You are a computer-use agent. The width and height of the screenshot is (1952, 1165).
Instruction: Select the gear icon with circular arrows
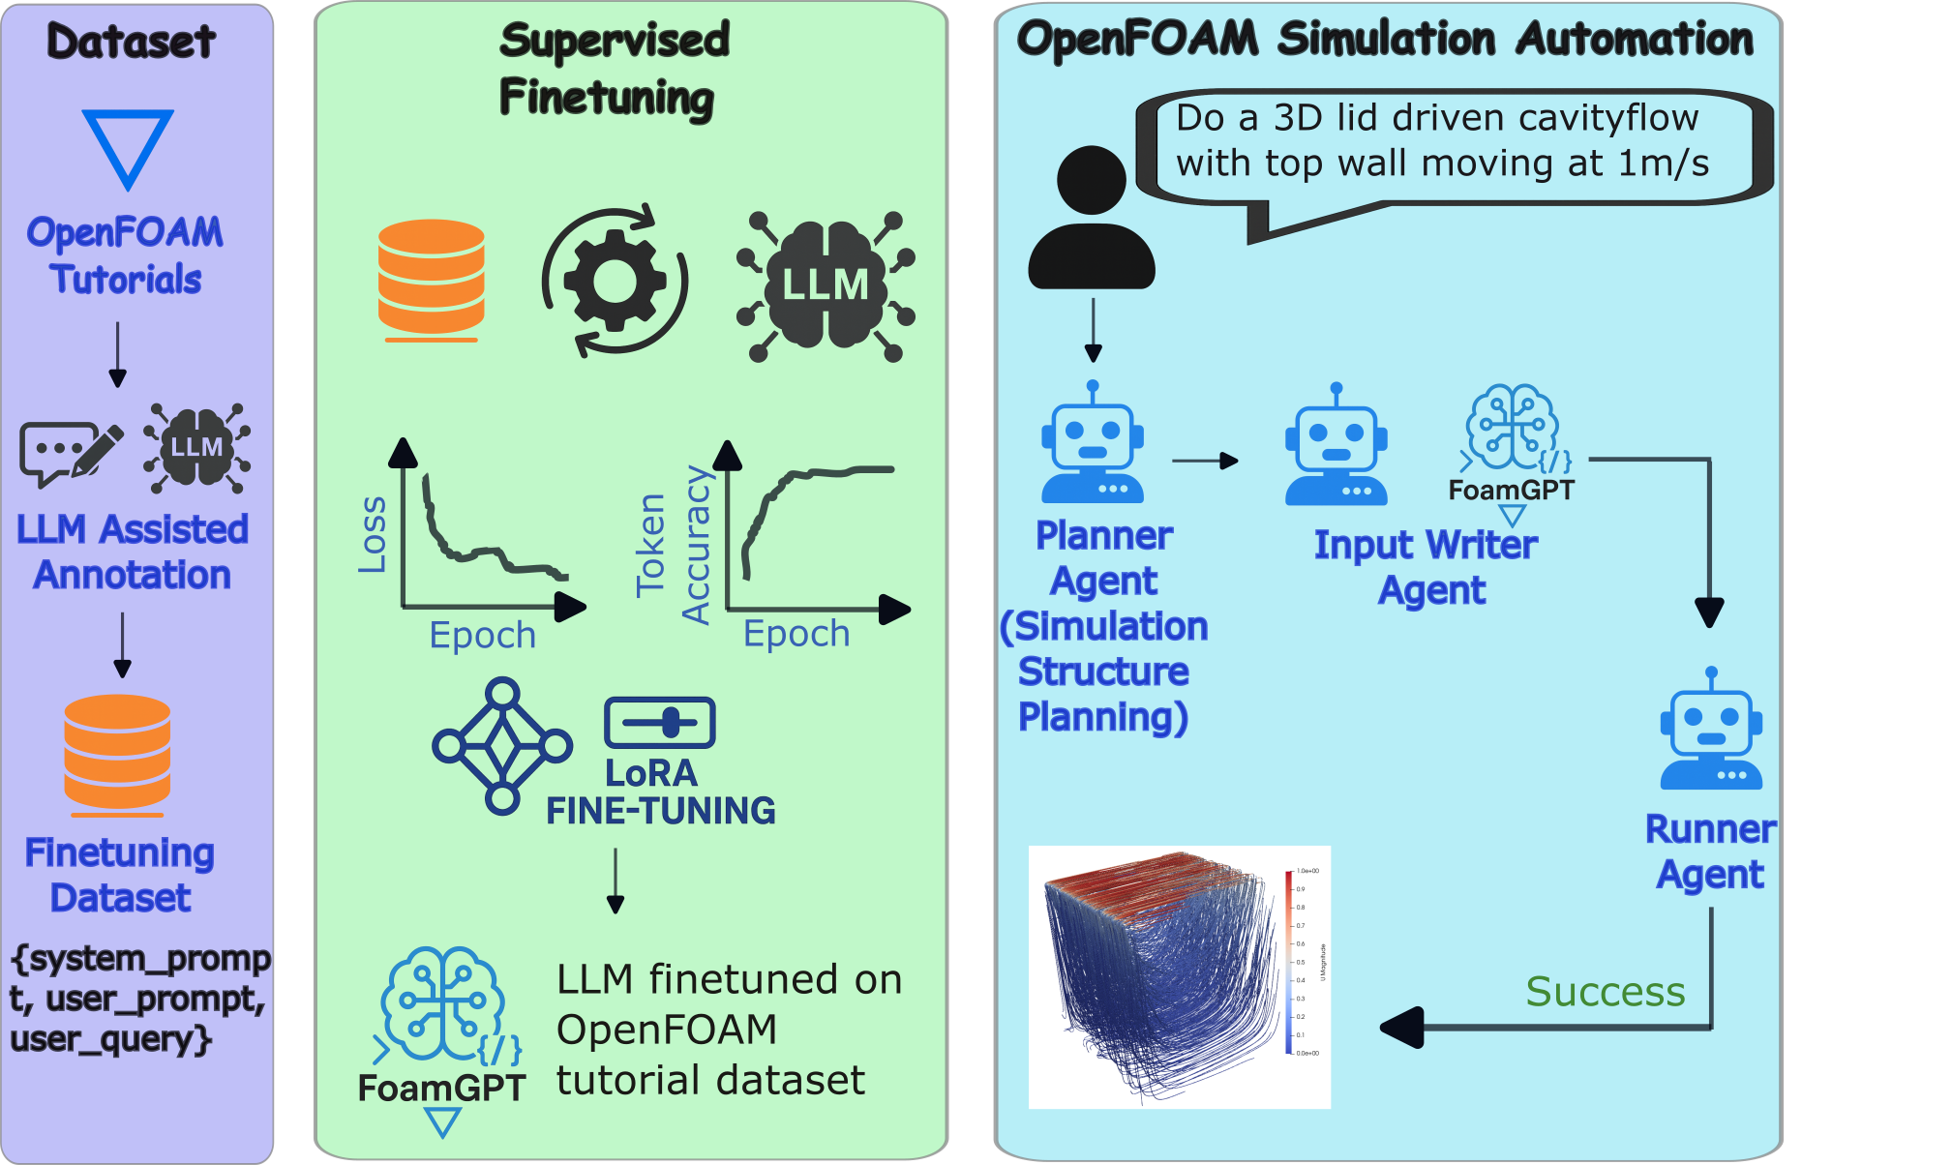pos(615,281)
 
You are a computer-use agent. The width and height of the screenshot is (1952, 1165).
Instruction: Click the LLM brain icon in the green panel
pos(826,285)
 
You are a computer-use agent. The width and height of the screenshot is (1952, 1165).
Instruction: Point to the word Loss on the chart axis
pos(373,535)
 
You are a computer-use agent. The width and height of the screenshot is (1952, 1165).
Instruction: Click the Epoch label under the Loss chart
pos(482,636)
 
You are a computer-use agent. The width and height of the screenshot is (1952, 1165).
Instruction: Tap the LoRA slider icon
pos(659,722)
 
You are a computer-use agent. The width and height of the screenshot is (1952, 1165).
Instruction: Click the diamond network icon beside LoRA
pos(502,745)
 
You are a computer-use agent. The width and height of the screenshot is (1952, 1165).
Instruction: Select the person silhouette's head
pos(1092,180)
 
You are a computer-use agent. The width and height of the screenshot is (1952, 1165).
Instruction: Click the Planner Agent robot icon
pos(1093,443)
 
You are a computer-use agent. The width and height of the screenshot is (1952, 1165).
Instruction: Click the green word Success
pos(1606,992)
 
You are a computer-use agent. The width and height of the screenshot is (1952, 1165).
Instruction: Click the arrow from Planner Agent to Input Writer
pos(1205,461)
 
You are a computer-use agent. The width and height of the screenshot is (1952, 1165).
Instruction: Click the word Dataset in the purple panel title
pos(131,42)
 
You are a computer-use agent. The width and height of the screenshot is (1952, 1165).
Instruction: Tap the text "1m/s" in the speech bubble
pos(1664,163)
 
